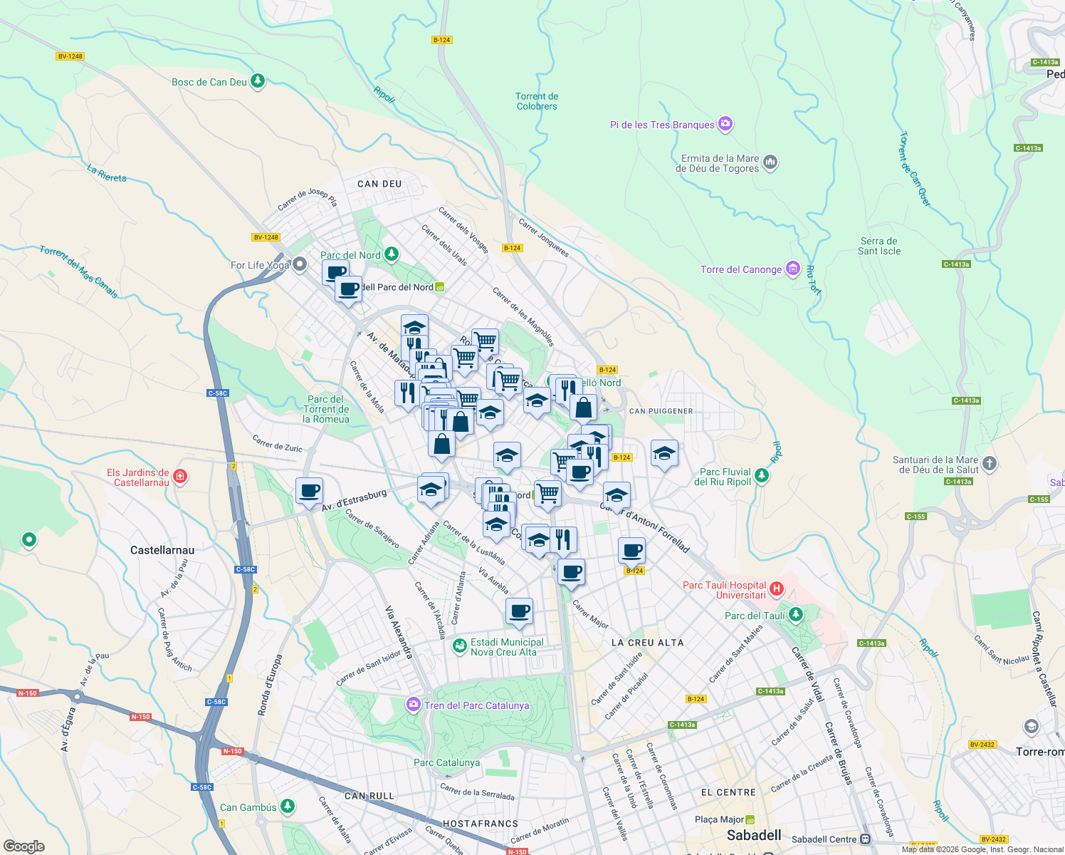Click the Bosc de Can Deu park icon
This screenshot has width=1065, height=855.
click(x=258, y=81)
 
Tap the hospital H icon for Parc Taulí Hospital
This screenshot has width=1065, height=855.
click(x=777, y=589)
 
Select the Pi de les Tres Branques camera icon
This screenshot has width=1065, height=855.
click(x=725, y=124)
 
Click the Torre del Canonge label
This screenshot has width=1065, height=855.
click(x=741, y=269)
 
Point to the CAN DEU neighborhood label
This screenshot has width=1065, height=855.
click(x=379, y=184)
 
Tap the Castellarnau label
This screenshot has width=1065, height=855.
click(x=162, y=550)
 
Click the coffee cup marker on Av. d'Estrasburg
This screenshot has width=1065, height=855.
click(x=310, y=491)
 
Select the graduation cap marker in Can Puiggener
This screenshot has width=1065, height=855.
click(x=664, y=453)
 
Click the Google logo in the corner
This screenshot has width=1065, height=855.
click(x=23, y=846)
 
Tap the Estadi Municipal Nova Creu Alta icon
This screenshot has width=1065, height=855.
click(x=460, y=647)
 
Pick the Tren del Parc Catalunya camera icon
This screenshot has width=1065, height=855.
click(x=414, y=705)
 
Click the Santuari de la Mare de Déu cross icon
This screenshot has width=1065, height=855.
click(x=990, y=464)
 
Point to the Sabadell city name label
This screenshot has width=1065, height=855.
click(x=754, y=835)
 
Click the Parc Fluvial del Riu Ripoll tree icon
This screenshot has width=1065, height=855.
click(x=762, y=476)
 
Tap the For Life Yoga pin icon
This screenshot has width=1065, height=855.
click(x=300, y=264)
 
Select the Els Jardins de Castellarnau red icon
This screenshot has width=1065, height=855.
click(x=180, y=476)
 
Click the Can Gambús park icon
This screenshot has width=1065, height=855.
click(x=287, y=807)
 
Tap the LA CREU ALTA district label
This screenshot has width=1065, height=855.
click(x=647, y=643)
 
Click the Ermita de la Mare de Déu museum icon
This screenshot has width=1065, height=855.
click(x=770, y=163)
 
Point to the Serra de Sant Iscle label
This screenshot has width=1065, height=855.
click(x=879, y=246)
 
